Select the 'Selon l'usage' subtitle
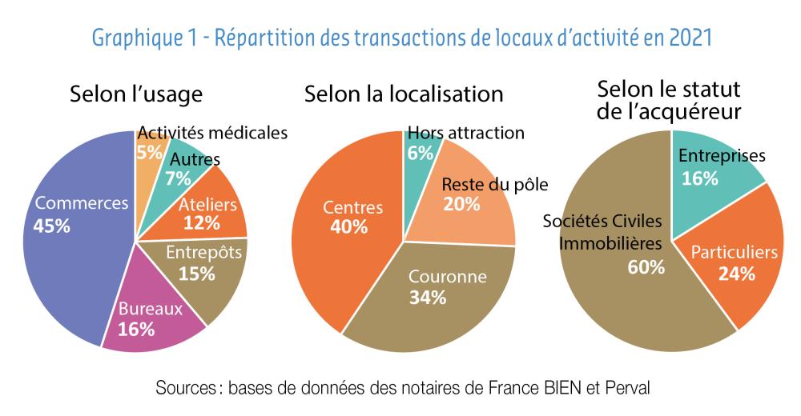136,94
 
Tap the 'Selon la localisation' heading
404,94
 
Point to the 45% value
51,226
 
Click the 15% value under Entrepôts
196,274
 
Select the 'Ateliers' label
207,205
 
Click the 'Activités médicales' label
212,133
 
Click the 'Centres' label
352,207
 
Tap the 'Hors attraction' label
465,133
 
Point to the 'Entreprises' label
722,156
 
